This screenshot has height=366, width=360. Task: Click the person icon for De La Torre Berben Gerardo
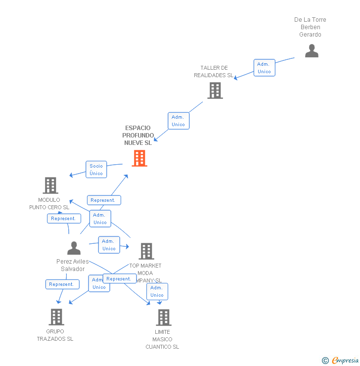[x=312, y=51]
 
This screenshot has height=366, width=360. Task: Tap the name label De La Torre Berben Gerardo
[x=310, y=27]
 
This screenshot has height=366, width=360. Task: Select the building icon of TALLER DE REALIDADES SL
[x=215, y=91]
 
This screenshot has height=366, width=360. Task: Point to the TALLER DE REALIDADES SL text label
[x=214, y=72]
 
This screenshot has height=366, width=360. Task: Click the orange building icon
[x=139, y=158]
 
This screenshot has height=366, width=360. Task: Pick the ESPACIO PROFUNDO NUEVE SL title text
[x=138, y=136]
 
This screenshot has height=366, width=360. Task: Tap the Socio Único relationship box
[x=96, y=170]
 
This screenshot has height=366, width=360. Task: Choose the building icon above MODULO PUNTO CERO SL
[x=50, y=185]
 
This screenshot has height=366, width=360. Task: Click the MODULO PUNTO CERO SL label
[x=49, y=204]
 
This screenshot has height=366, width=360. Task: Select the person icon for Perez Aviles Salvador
[x=74, y=248]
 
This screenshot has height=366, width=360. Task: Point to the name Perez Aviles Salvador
[x=73, y=265]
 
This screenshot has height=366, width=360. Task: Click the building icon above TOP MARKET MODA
[x=146, y=251]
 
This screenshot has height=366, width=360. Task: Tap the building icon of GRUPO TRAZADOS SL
[x=56, y=317]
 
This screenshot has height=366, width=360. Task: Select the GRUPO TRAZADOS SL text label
[x=55, y=335]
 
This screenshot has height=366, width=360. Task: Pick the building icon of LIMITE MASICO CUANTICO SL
[x=163, y=318]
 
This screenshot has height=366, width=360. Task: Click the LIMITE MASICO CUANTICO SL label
[x=162, y=339]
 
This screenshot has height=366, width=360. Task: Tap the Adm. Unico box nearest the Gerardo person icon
[x=264, y=68]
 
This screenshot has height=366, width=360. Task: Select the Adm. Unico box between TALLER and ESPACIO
[x=178, y=121]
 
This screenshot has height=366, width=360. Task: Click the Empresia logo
[x=345, y=361]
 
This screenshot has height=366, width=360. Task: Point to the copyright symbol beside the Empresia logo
[x=325, y=361]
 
